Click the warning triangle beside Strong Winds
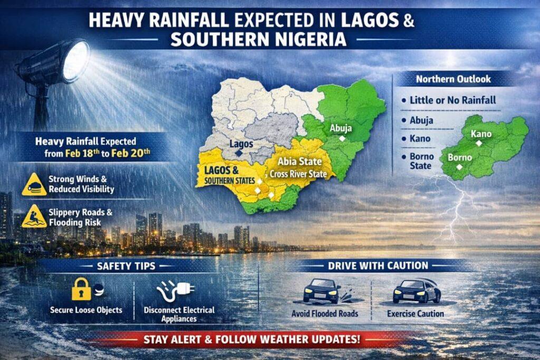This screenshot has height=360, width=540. pos(34,184)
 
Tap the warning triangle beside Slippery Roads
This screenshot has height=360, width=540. pos(34,216)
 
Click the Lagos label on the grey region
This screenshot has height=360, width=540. pos(241,143)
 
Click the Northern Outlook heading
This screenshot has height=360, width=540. pos(453,80)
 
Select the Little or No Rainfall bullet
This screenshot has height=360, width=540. pos(452,100)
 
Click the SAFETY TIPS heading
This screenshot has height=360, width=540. pos(126,266)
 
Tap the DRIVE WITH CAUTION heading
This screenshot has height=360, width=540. pos(378,266)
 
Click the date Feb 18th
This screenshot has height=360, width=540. pos(82,153)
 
